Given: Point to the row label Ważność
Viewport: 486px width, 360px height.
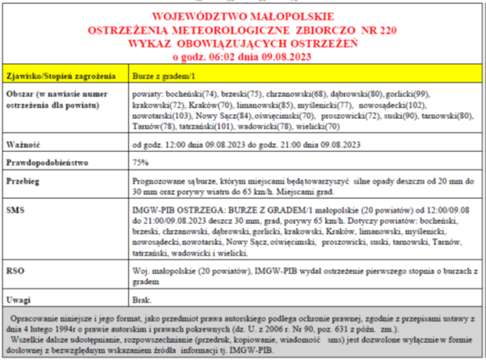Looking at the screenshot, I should pos(24,145).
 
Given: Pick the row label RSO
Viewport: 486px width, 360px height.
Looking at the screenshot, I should pos(17,268).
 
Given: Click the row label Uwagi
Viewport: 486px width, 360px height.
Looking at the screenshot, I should pos(21,296).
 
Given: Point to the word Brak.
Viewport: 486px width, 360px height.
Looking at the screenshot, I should pos(142,296).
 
